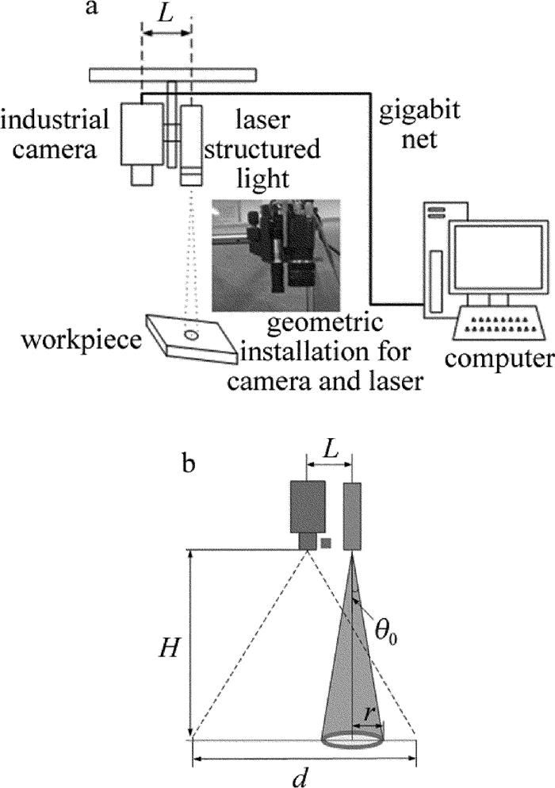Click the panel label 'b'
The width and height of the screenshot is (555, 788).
(189, 463)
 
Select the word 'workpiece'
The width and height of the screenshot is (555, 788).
(71, 340)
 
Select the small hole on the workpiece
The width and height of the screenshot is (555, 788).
(191, 336)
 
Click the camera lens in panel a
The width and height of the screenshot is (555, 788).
(142, 175)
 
